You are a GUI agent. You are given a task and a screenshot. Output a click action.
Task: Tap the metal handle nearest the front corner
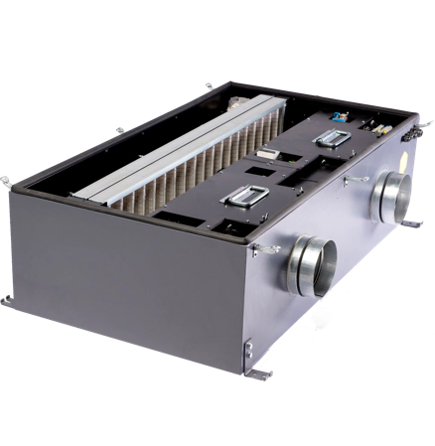(239, 201)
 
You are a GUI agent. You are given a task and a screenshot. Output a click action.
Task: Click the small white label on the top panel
(268, 153)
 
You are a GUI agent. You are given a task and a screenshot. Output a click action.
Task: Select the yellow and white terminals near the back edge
(382, 127)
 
